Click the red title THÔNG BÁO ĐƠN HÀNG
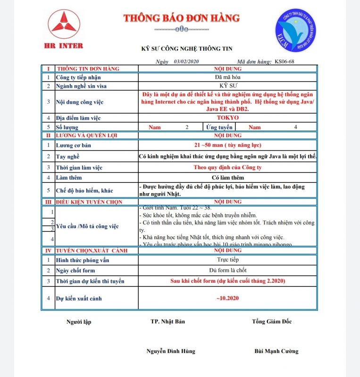[182, 18]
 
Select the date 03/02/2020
[187, 62]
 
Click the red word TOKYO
[228, 118]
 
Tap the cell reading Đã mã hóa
[228, 77]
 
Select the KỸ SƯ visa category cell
[228, 86]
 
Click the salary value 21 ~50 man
[228, 145]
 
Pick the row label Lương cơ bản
[74, 145]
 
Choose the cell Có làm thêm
[228, 177]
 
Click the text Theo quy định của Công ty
[228, 167]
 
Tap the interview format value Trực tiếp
[228, 260]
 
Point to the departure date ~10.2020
[228, 298]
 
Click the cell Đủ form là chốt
[228, 270]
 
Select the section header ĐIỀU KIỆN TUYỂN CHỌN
[89, 202]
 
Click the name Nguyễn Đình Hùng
[171, 351]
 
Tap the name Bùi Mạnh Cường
[276, 351]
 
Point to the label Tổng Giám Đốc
[272, 321]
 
